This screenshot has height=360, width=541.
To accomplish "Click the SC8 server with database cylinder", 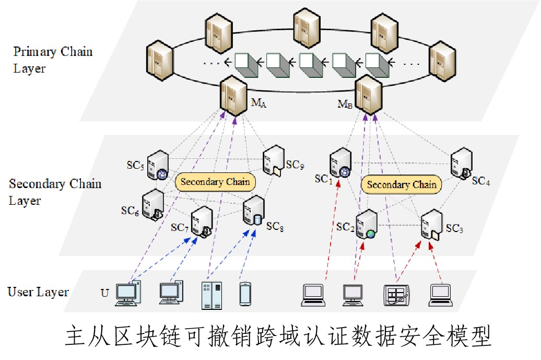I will point(253,211).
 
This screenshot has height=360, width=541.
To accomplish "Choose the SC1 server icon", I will point(340,163).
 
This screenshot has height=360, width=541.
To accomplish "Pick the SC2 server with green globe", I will point(367,224).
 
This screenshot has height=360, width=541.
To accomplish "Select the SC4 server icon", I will point(461,163).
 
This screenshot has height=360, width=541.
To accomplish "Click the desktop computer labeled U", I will point(128,293).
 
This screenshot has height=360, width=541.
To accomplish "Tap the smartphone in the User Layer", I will point(245,293).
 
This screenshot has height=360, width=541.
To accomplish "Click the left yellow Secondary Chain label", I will point(216,182).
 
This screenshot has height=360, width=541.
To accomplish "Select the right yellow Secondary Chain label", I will point(402,184).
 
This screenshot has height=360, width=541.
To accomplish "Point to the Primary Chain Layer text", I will point(52,60).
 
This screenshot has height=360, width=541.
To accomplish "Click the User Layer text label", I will point(38,292).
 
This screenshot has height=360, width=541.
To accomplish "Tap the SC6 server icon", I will point(152,204).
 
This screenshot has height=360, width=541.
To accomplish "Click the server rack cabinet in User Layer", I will point(211,295).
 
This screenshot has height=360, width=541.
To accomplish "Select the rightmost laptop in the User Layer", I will point(441,295).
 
